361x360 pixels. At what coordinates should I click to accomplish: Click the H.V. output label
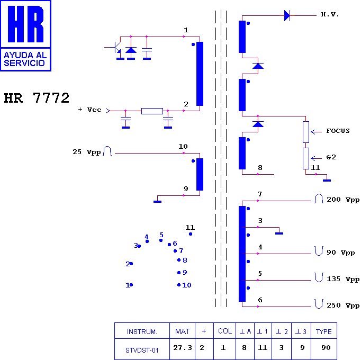[330, 14]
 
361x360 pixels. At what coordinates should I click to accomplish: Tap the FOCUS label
[338, 131]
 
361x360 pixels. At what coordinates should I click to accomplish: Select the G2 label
[331, 157]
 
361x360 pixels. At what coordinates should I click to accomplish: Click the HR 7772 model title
[37, 98]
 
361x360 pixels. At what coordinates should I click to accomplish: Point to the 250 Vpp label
[343, 305]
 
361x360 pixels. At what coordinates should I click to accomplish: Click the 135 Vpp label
[343, 279]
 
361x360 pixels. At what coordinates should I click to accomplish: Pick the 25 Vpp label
[87, 152]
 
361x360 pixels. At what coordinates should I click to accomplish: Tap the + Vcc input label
[90, 110]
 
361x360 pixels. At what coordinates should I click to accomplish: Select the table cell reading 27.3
[183, 348]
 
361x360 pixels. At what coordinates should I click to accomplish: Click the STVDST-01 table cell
[142, 350]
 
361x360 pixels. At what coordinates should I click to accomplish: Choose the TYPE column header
[324, 331]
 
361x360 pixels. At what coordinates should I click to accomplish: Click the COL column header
[225, 331]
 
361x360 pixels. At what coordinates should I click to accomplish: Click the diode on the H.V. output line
[287, 16]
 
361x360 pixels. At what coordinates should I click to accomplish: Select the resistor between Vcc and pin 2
[152, 111]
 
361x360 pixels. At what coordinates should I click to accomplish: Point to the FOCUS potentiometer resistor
[306, 132]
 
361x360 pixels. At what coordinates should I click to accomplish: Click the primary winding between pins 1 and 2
[200, 74]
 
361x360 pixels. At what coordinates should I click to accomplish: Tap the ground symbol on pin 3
[279, 233]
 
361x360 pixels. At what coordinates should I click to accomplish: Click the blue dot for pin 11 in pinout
[191, 234]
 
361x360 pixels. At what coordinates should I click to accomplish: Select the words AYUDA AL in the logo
[25, 55]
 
